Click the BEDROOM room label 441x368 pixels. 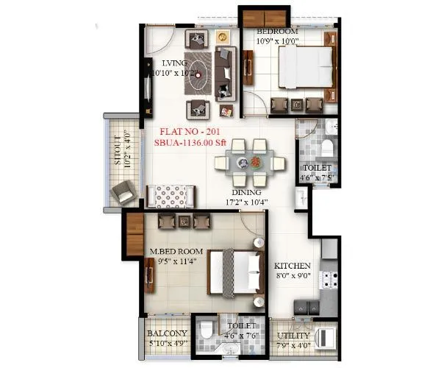(277, 32)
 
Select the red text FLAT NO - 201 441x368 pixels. (192, 133)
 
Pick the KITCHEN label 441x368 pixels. (293, 266)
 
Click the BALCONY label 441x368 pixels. (167, 333)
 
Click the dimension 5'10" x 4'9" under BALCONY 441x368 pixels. (167, 343)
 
